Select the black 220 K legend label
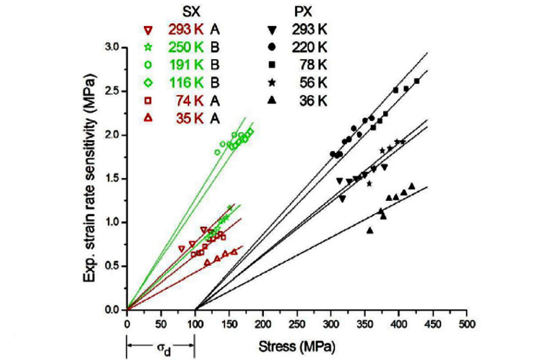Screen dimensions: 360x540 [310, 47]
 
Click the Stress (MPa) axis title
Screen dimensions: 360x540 [297, 347]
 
